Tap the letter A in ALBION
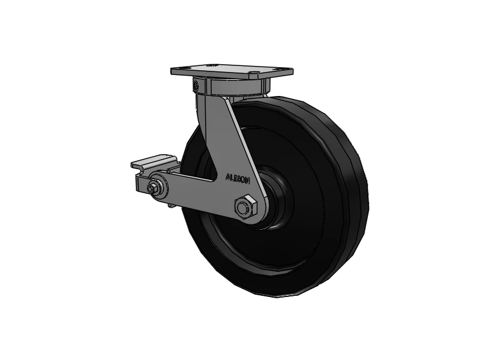tap(227, 177)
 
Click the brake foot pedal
tap(154, 163)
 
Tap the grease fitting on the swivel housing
tap(196, 85)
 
